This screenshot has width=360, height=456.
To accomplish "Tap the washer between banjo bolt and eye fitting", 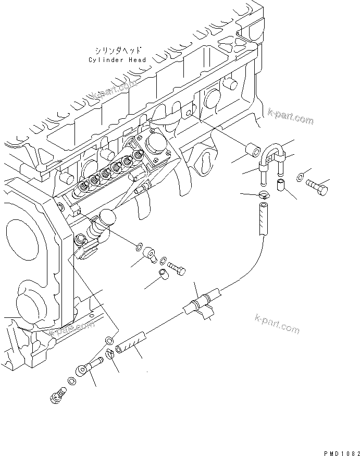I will [72, 383].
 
